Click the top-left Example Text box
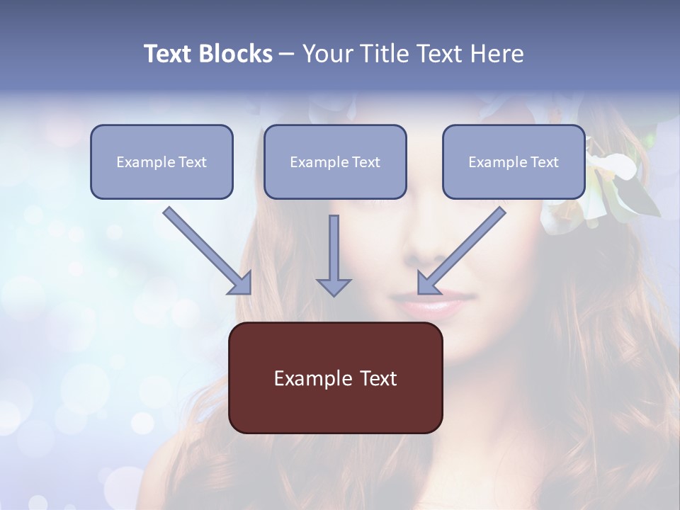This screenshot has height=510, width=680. (161, 161)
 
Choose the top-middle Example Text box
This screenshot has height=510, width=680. (335, 161)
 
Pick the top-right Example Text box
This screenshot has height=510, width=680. (514, 161)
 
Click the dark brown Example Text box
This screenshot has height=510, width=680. (336, 378)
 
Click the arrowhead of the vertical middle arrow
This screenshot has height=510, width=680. (334, 286)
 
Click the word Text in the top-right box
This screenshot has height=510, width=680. (544, 162)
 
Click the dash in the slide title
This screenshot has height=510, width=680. (287, 54)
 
